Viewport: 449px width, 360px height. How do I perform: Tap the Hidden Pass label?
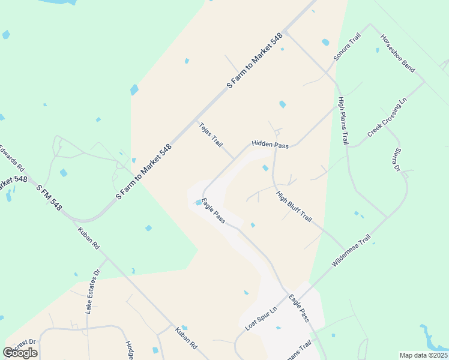pos(270,145)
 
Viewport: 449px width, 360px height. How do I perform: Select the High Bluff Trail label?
pos(294,206)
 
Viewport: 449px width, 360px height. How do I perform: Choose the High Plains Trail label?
pos(343,121)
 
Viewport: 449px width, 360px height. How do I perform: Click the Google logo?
pos(20,353)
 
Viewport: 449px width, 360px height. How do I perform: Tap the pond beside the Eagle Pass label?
pos(199,202)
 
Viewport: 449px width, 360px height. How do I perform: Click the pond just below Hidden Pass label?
pos(265,167)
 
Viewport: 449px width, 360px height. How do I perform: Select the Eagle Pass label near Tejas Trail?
pos(213,211)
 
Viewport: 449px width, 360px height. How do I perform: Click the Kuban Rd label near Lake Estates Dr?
pos(88,237)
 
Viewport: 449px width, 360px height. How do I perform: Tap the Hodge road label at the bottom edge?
pos(129,350)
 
